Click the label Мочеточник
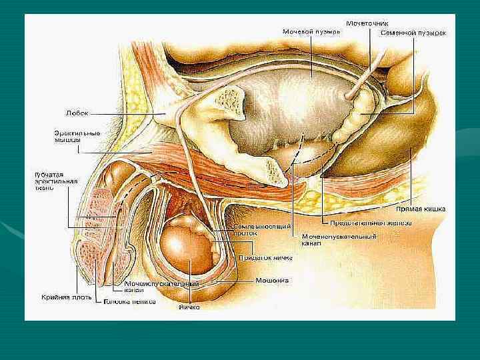coord(367,23)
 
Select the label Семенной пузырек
coord(413,32)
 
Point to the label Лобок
coord(76,113)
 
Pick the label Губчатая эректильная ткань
coord(56,181)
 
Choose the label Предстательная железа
coord(370,223)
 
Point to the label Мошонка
coord(272,281)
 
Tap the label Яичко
coord(189,308)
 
